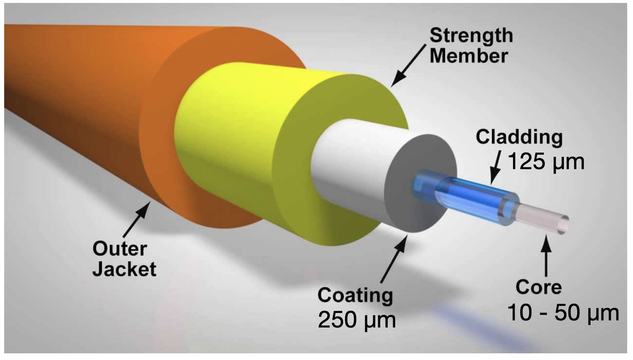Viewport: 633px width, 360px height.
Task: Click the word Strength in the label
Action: click(x=471, y=36)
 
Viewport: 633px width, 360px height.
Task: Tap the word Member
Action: click(x=469, y=56)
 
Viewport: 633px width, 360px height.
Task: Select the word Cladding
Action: click(x=519, y=137)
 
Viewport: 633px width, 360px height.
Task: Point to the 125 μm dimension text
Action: click(x=546, y=162)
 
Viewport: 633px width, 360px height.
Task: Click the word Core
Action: click(x=538, y=287)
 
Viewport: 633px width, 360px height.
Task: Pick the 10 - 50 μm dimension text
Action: click(x=563, y=313)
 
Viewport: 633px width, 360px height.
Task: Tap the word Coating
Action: click(x=355, y=295)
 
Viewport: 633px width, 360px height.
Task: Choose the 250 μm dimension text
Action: click(x=356, y=320)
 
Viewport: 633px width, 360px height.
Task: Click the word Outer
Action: click(x=120, y=249)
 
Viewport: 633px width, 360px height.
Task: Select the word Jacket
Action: click(x=125, y=269)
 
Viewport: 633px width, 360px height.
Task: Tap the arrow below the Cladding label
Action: click(x=496, y=167)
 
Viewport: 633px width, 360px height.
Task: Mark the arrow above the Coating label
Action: click(x=394, y=258)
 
